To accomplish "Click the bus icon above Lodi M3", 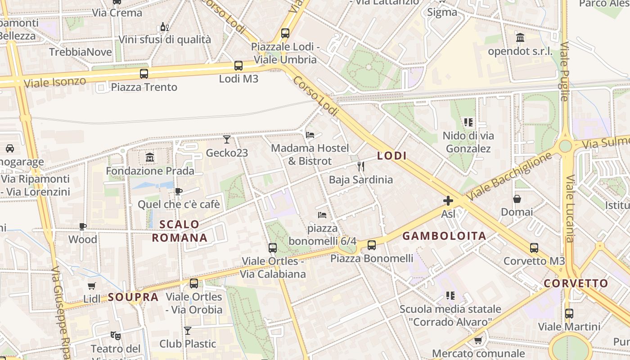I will tap(238, 66).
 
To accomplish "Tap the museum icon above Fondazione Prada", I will tap(150, 157).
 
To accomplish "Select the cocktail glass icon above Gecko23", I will tap(227, 139).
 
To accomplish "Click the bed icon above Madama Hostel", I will tap(310, 135).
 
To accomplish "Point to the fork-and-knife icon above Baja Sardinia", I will tap(360, 166).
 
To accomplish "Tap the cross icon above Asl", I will tap(448, 201).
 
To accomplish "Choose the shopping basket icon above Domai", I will tap(517, 198).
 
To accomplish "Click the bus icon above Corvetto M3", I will tap(534, 247).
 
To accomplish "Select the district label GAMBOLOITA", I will tap(444, 236).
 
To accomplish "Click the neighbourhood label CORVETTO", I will tap(576, 283).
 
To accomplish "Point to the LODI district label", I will tap(392, 156).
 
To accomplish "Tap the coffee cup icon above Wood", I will tap(83, 226).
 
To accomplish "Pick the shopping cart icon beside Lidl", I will tap(92, 286).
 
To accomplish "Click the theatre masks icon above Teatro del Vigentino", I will tap(116, 335).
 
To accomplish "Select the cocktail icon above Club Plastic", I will tap(188, 331).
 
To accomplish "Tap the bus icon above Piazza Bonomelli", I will tap(372, 245).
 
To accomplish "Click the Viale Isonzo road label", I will tap(55, 82).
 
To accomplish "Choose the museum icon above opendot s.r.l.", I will tap(520, 38).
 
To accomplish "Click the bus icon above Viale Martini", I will tap(569, 313).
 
